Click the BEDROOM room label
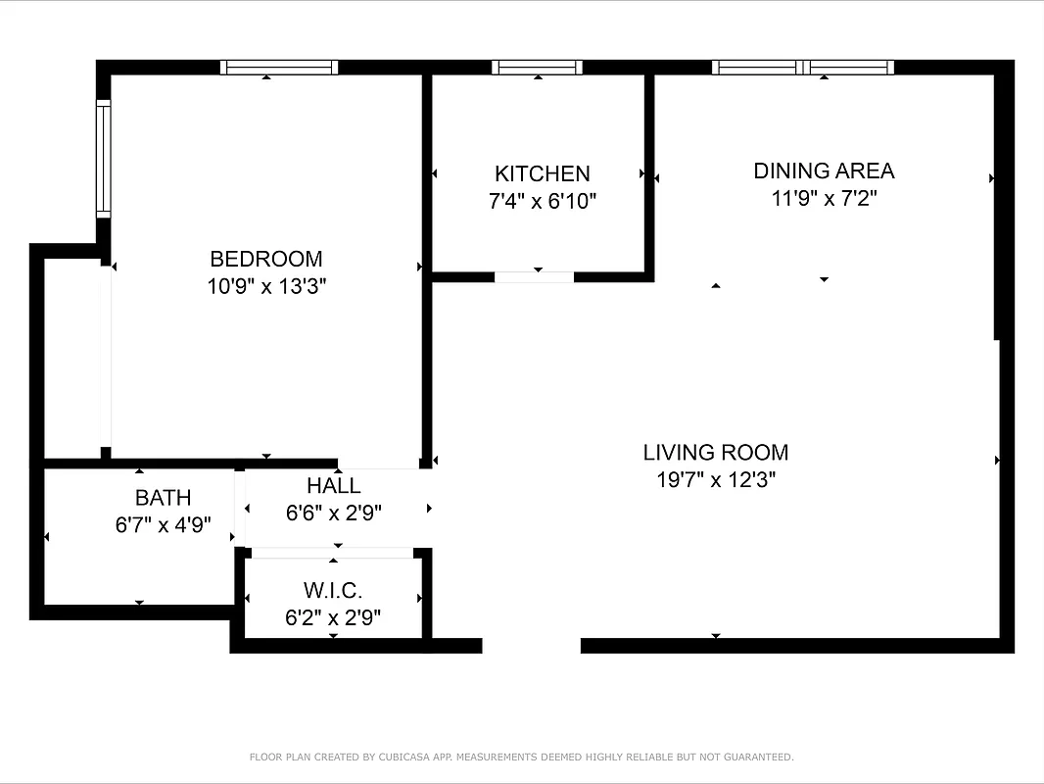pyautogui.click(x=265, y=259)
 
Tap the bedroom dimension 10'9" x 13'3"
pyautogui.click(x=265, y=287)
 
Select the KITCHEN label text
pyautogui.click(x=542, y=173)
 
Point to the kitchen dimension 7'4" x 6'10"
pyautogui.click(x=542, y=202)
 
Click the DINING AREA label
pyautogui.click(x=824, y=171)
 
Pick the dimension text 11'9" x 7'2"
pyautogui.click(x=824, y=199)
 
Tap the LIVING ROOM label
pyautogui.click(x=715, y=452)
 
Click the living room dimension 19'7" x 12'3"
pyautogui.click(x=715, y=480)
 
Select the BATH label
pyautogui.click(x=163, y=498)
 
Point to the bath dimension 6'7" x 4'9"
pyautogui.click(x=163, y=525)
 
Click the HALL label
pyautogui.click(x=333, y=485)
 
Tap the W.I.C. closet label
pyautogui.click(x=333, y=591)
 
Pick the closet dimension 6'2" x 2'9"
pyautogui.click(x=333, y=618)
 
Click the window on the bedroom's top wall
pyautogui.click(x=279, y=68)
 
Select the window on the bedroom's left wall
pyautogui.click(x=103, y=159)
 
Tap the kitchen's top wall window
pyautogui.click(x=537, y=68)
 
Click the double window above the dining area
pyautogui.click(x=803, y=68)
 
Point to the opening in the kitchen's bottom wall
pyautogui.click(x=534, y=277)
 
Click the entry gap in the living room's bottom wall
pyautogui.click(x=531, y=646)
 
